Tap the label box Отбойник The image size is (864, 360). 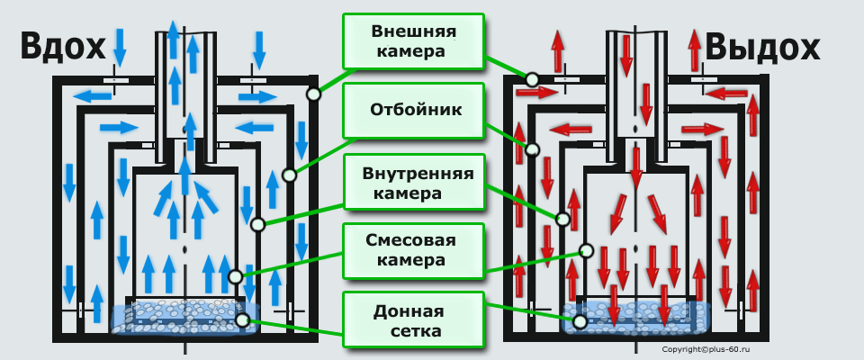[413, 110]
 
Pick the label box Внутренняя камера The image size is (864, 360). [413, 181]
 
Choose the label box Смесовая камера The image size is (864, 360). [413, 251]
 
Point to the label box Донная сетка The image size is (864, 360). [413, 320]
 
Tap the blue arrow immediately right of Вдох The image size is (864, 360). [120, 44]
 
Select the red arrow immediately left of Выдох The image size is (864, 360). [695, 47]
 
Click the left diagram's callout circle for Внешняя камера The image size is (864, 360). [313, 94]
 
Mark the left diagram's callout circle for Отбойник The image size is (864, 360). [289, 175]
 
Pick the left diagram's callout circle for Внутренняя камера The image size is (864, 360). [257, 223]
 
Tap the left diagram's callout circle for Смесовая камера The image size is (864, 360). [236, 277]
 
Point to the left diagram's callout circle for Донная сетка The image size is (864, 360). [241, 319]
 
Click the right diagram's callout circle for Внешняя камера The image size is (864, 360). [533, 79]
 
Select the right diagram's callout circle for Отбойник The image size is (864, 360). [533, 149]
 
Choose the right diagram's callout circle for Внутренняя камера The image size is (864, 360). [563, 218]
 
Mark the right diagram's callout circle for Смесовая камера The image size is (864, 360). [586, 250]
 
